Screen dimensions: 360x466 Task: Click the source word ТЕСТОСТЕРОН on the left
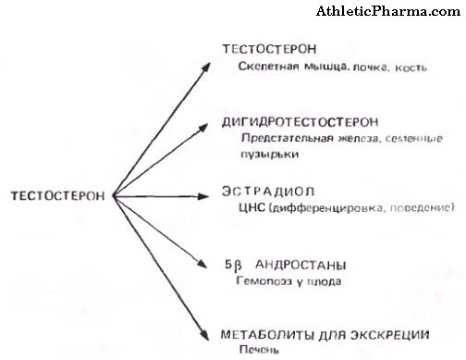(x=56, y=195)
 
